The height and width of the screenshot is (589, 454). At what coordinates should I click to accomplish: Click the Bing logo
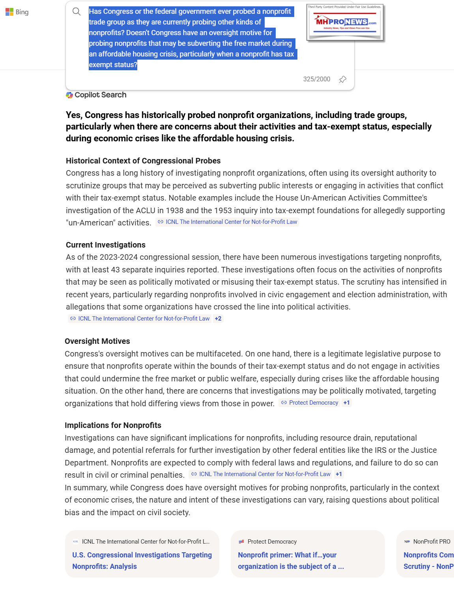17,12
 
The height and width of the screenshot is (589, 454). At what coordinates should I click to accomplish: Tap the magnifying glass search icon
77,12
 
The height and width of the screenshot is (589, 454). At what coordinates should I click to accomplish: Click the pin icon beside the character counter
343,79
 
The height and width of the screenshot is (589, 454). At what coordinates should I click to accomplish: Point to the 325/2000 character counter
316,79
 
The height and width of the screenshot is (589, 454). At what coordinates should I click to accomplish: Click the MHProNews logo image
345,23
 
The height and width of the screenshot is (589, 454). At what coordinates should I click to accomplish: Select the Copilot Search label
100,95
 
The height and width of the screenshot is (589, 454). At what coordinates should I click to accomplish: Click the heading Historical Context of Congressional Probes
143,161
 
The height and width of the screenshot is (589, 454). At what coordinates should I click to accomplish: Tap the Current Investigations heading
106,245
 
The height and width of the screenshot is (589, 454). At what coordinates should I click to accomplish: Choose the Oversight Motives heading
97,341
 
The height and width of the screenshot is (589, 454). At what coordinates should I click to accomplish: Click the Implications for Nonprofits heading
113,426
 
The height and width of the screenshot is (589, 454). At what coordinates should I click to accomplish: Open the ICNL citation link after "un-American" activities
231,222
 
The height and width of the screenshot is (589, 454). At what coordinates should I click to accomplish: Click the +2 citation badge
218,319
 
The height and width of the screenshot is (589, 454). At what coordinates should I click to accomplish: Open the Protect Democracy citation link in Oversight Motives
313,403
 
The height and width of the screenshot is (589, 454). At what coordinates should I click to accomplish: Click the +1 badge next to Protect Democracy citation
346,403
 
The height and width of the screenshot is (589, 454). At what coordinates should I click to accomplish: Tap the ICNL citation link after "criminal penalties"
265,475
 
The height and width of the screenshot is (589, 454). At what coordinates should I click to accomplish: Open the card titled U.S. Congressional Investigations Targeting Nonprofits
142,561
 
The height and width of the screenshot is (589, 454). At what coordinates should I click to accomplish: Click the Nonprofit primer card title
291,561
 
